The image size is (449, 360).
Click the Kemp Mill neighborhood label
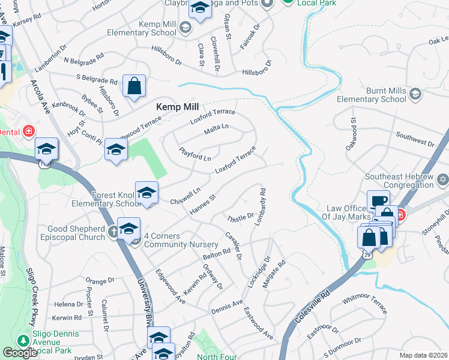pyautogui.click(x=177, y=106)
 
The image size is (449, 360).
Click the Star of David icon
pyautogui.click(x=443, y=179)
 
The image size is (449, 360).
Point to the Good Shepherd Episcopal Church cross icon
pyautogui.click(x=113, y=232)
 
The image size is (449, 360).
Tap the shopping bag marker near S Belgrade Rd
pyautogui.click(x=134, y=86)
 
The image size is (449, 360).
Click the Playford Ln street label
pyautogui.click(x=195, y=154)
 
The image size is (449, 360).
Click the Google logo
pyautogui.click(x=20, y=353)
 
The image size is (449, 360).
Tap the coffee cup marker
pyautogui.click(x=378, y=202)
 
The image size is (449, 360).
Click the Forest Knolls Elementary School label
pyautogui.click(x=118, y=199)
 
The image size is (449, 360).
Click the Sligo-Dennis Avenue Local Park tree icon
pyautogui.click(x=23, y=340)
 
